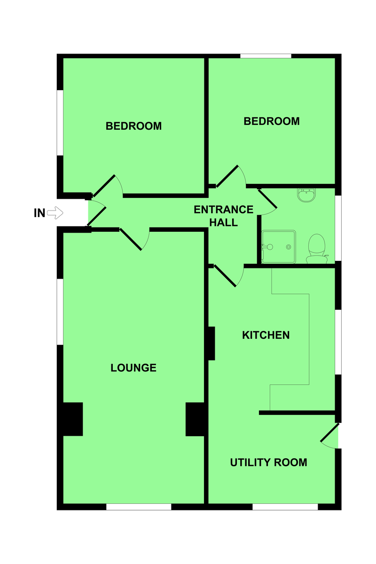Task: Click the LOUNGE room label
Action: pyautogui.click(x=133, y=368)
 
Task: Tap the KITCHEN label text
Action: pyautogui.click(x=266, y=335)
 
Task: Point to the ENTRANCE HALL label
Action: pyautogui.click(x=223, y=216)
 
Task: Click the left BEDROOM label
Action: pyautogui.click(x=133, y=126)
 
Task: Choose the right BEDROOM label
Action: pyautogui.click(x=272, y=121)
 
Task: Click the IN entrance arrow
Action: pyautogui.click(x=55, y=213)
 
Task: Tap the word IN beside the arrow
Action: pyautogui.click(x=39, y=213)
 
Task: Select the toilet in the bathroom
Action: pyautogui.click(x=317, y=249)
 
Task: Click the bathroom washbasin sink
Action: pyautogui.click(x=306, y=196)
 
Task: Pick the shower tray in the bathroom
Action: pyautogui.click(x=279, y=247)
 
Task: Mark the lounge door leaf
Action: pyautogui.click(x=131, y=239)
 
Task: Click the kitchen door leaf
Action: pyautogui.click(x=225, y=276)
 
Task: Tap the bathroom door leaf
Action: pyautogui.click(x=267, y=199)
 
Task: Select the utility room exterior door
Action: pyautogui.click(x=329, y=433)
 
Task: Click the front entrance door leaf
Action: pyautogui.click(x=97, y=216)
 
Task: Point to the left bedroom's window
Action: pyautogui.click(x=60, y=123)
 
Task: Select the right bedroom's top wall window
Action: pyautogui.click(x=266, y=56)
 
